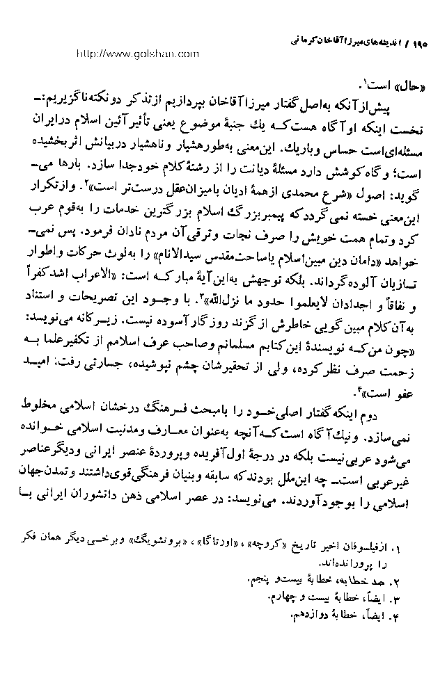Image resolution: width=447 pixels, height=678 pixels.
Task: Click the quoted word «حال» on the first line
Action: (406, 88)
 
